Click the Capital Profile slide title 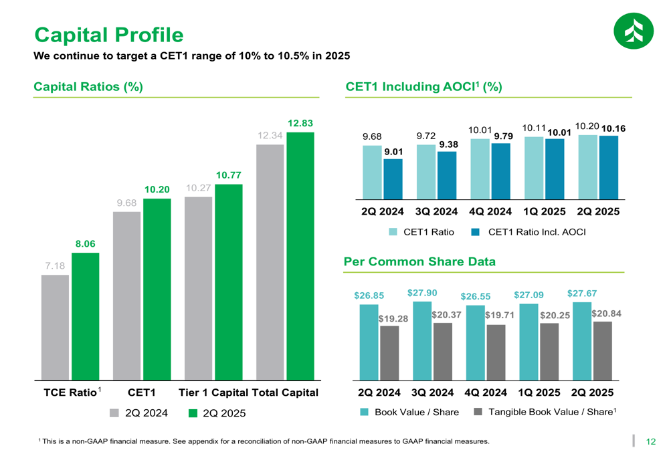click(108, 34)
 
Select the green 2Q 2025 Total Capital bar click(300, 256)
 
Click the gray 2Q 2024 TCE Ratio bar click(55, 328)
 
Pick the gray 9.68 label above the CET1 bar click(126, 203)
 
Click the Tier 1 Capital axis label click(213, 392)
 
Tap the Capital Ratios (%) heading click(88, 87)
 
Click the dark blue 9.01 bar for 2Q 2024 click(393, 179)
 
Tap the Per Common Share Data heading click(419, 261)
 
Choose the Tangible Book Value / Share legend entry click(545, 412)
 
